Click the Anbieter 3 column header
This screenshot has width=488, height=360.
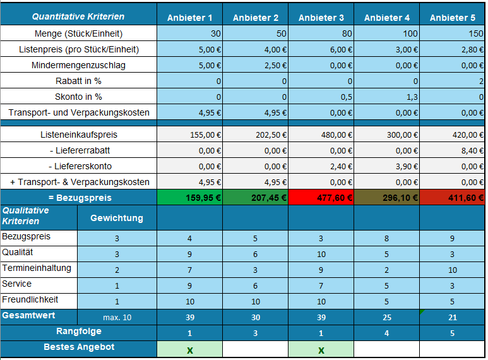tap(321, 18)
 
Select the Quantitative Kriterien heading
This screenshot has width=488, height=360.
tap(78, 17)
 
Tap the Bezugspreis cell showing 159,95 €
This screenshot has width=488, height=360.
tap(189, 198)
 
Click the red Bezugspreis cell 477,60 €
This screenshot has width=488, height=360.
tap(321, 198)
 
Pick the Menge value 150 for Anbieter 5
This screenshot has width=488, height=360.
tap(452, 33)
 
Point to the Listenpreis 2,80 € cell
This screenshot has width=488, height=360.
tap(452, 49)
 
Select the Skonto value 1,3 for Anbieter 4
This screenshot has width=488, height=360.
tap(386, 97)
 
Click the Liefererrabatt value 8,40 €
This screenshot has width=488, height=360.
tap(452, 150)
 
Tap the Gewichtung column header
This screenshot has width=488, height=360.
tap(117, 219)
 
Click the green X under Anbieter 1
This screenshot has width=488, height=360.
tap(189, 350)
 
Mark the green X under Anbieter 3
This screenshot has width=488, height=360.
tap(321, 350)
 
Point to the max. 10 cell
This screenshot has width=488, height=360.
tap(117, 317)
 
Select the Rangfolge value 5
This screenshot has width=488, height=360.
tap(452, 333)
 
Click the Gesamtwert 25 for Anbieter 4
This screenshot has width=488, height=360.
tap(386, 317)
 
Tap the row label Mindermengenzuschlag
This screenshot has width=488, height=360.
tap(78, 65)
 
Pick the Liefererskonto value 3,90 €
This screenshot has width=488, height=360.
tap(386, 166)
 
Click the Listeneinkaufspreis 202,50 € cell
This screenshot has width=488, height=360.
tap(255, 135)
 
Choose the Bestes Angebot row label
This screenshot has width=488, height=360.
tap(78, 347)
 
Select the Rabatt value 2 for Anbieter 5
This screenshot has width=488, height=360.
tap(452, 81)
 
